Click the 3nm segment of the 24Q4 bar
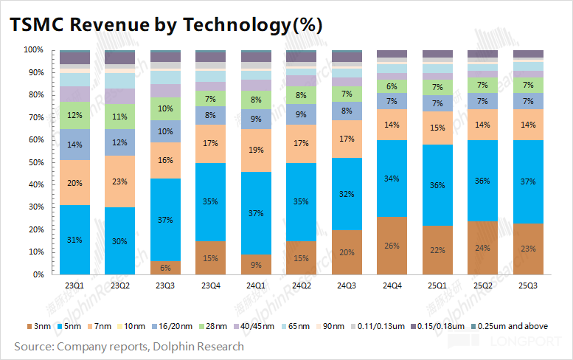pos(392,245)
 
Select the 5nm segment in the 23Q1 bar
pos(74,240)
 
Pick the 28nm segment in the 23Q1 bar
pos(74,115)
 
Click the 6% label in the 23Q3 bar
pos(165,268)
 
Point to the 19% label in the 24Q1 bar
pos(256,150)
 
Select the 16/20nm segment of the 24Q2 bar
pos(301,114)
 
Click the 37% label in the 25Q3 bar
pos(527,181)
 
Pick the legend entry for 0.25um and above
pos(511,326)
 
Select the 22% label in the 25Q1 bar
pos(437,249)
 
